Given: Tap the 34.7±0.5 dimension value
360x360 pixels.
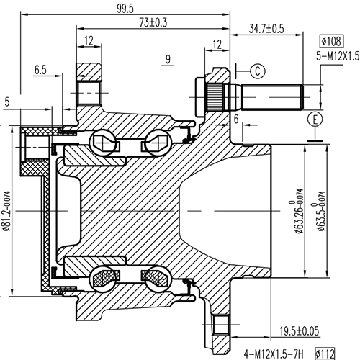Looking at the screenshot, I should coord(266,29).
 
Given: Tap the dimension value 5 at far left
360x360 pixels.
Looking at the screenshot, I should coord(7,102).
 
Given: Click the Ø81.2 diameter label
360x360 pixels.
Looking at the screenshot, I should coord(8,205).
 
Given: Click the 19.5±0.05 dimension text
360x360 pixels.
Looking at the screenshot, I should coord(300,330).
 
